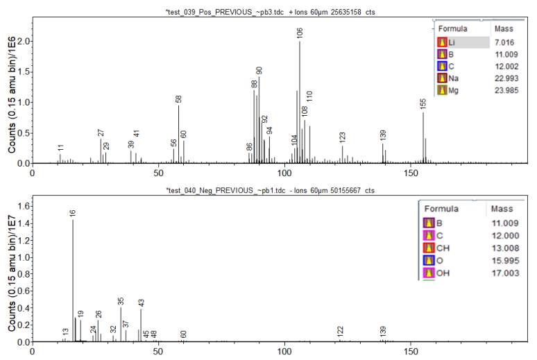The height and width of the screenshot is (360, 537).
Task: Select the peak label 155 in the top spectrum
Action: click(x=423, y=103)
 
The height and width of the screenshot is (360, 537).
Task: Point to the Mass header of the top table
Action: click(x=503, y=29)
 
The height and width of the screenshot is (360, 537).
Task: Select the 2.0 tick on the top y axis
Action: click(x=24, y=42)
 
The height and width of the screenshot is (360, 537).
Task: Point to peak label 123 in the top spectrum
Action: click(x=342, y=137)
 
